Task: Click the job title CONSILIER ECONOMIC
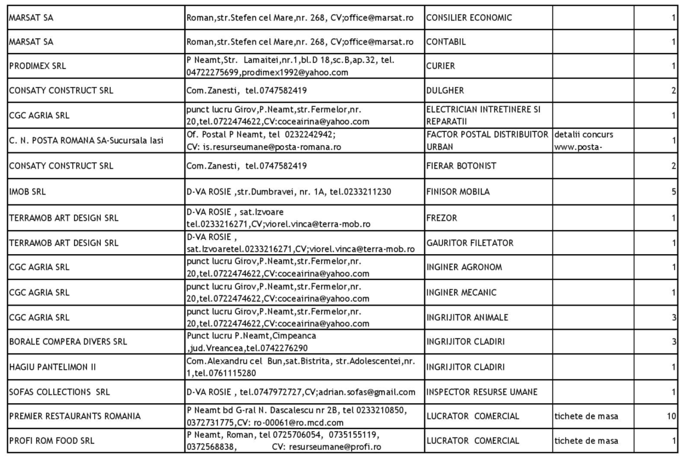(x=469, y=18)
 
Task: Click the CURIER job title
(x=440, y=66)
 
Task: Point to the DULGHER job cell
(x=444, y=90)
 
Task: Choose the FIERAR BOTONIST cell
(x=461, y=166)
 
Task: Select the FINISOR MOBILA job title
(x=458, y=192)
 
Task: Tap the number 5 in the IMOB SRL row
(x=673, y=192)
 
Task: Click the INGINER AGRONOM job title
(x=464, y=267)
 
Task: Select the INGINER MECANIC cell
(x=461, y=292)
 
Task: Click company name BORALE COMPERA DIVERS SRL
(x=67, y=342)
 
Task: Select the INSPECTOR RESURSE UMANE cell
(x=481, y=392)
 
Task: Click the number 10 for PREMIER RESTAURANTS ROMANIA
(x=671, y=417)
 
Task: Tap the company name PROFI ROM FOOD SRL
(x=51, y=441)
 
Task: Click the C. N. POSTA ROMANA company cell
(x=86, y=140)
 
